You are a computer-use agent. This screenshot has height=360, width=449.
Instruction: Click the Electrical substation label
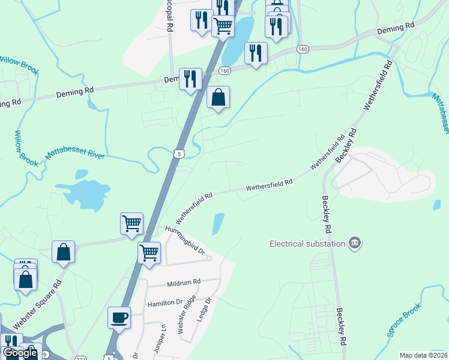coord(307,244)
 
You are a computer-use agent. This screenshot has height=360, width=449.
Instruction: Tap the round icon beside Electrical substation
coord(355,243)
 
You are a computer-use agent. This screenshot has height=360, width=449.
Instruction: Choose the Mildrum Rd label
coord(184,281)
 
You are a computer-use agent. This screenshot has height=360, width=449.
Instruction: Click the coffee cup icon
coord(119,317)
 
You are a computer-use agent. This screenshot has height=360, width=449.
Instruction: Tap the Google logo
coord(20,353)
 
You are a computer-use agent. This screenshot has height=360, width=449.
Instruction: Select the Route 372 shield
coord(81,358)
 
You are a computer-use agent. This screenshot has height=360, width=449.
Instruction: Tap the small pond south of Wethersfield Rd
coord(218,224)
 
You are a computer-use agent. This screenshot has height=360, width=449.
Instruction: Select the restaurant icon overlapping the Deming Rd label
coord(190,79)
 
